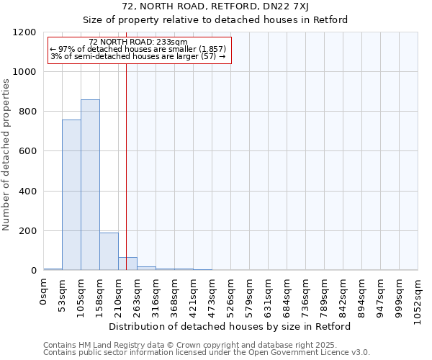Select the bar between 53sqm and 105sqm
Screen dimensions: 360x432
(x=71, y=195)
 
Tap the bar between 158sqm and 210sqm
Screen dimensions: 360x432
(x=109, y=251)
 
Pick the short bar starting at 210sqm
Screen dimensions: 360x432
(x=127, y=264)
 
